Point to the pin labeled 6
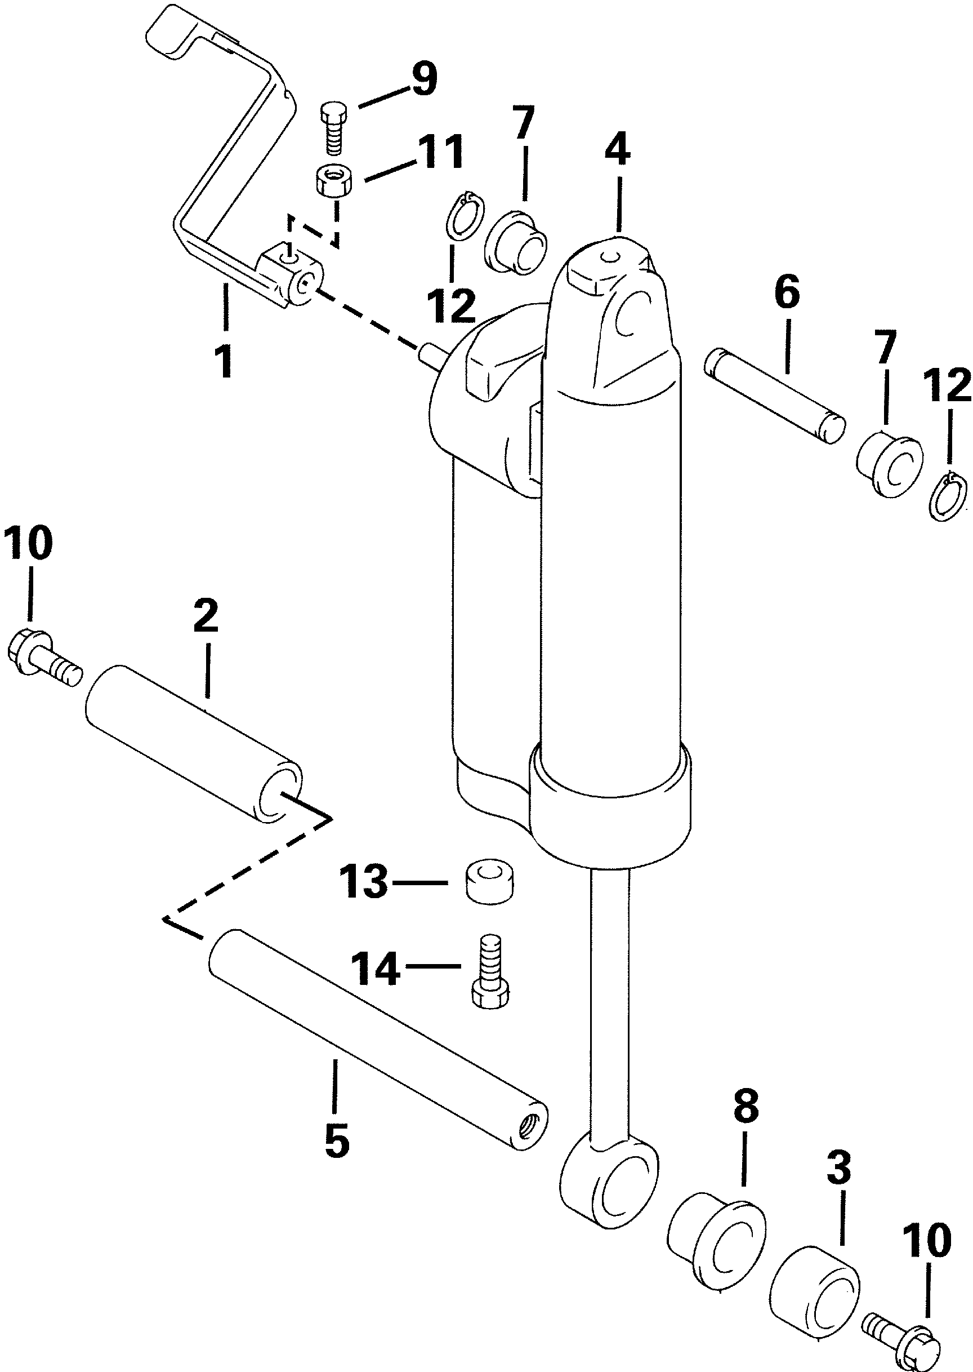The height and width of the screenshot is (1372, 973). (775, 397)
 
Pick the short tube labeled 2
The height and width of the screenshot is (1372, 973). (193, 743)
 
